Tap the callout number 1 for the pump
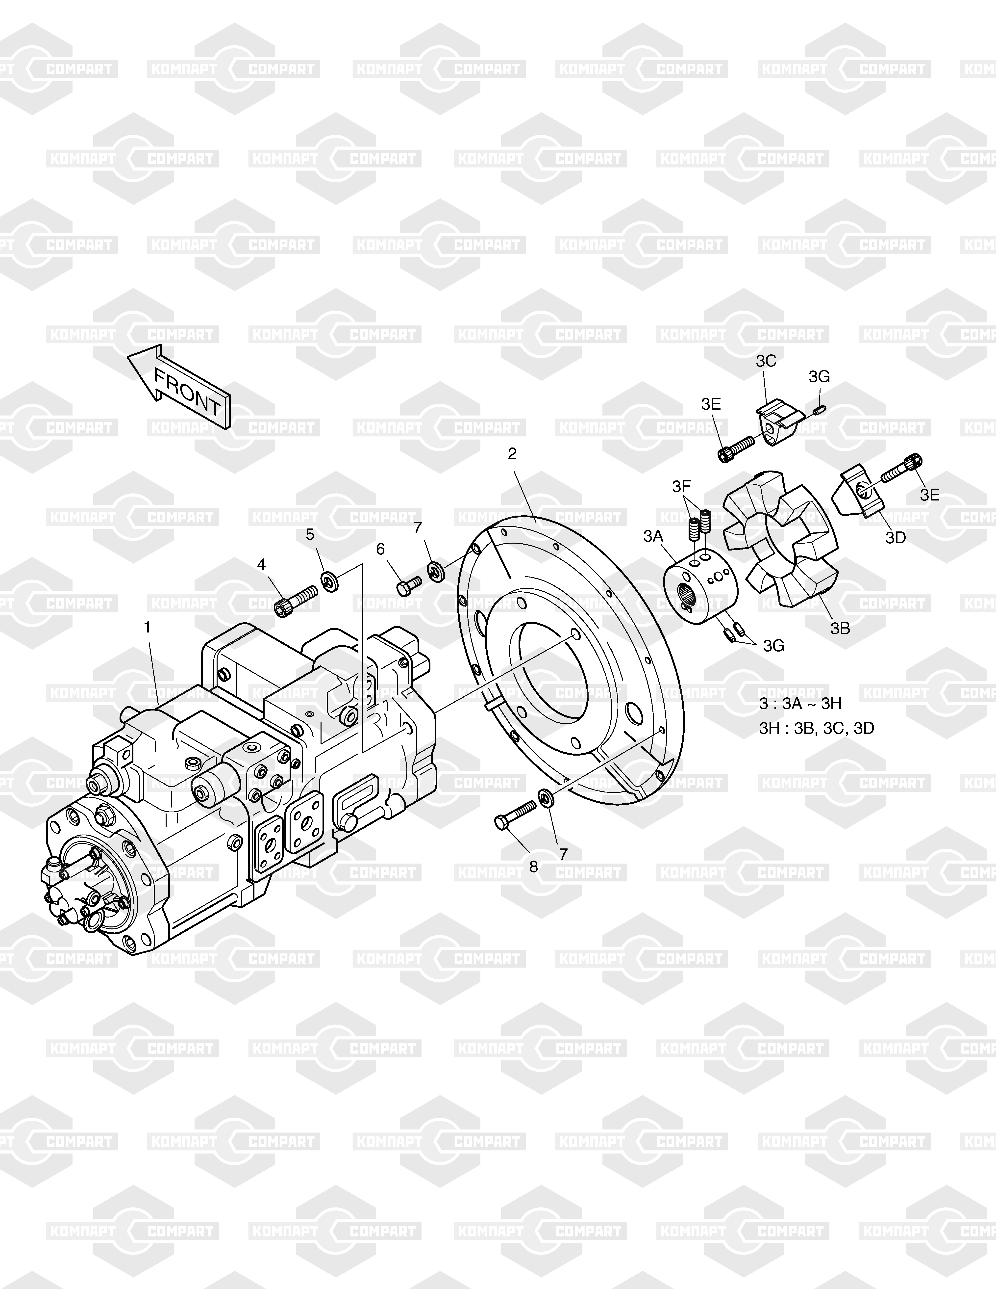[x=148, y=627]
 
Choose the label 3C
[x=766, y=361]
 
